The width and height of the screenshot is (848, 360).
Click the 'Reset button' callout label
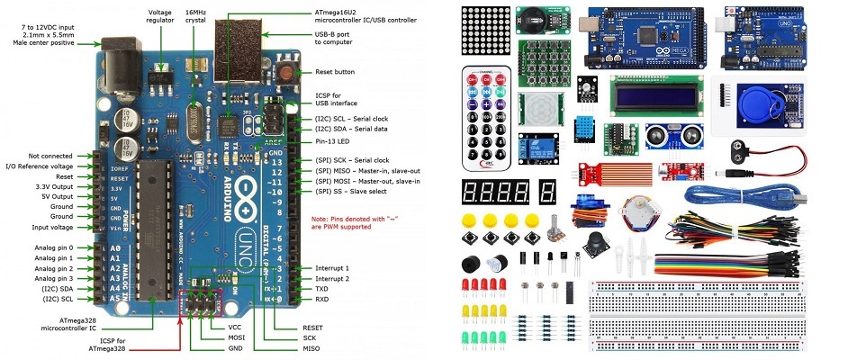point(334,72)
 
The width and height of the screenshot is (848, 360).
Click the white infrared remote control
point(484,117)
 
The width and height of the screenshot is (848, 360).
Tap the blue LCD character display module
point(646,93)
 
